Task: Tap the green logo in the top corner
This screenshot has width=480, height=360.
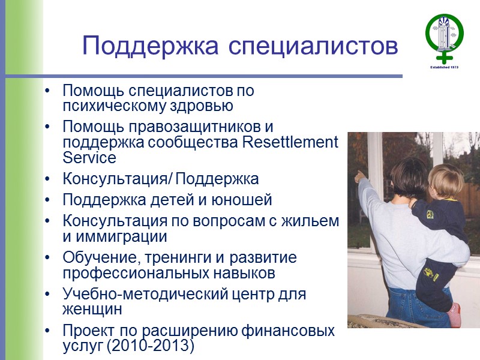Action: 445,37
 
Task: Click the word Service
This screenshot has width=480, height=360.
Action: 89,157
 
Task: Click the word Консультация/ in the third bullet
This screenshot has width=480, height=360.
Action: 116,179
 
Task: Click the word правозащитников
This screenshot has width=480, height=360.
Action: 184,128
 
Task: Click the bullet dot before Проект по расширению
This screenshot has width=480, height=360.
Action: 48,332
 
